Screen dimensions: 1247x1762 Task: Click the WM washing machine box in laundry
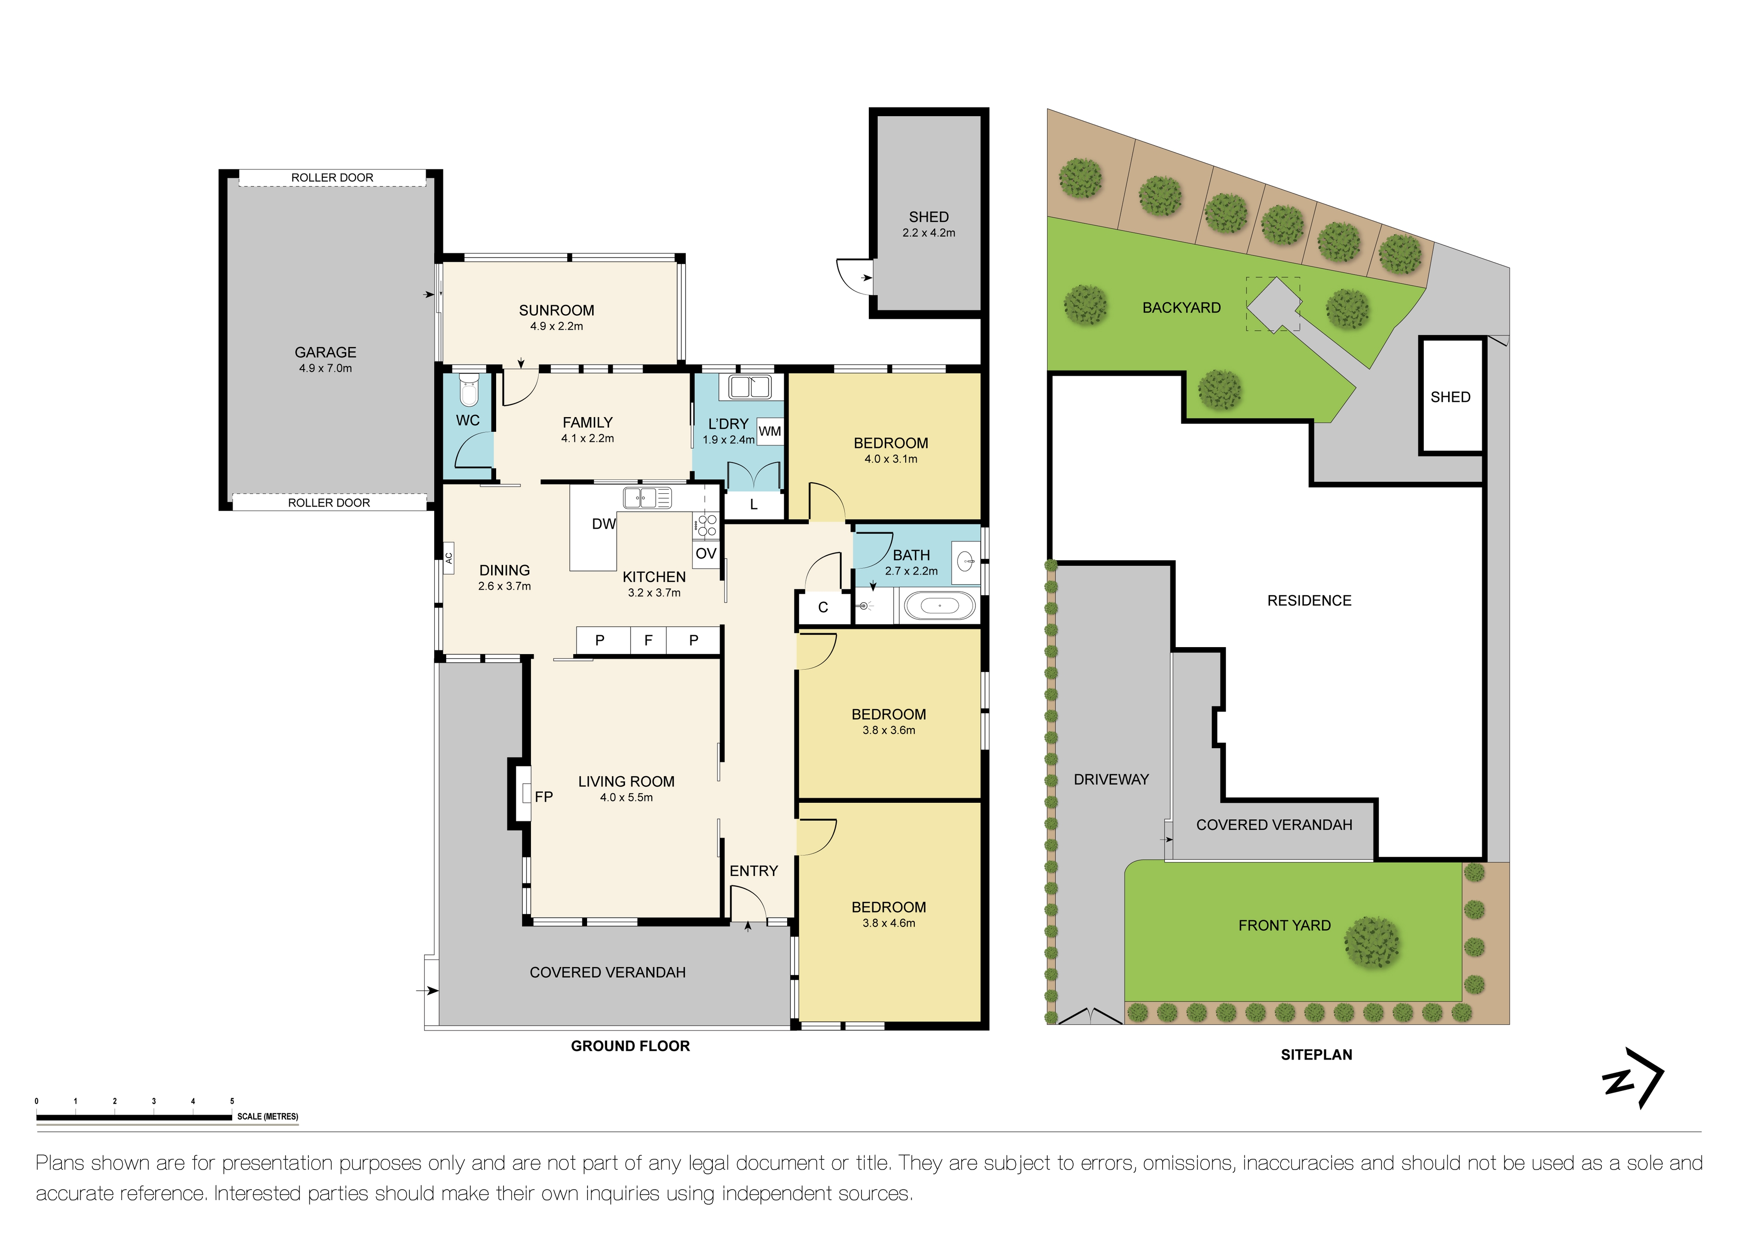[x=770, y=431]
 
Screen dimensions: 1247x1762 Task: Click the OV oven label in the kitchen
[x=705, y=553]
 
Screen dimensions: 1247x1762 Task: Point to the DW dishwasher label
[x=603, y=524]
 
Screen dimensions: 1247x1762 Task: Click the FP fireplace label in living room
[x=543, y=797]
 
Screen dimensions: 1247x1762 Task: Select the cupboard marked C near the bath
[x=822, y=607]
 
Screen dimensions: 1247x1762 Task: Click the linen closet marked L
[x=754, y=504]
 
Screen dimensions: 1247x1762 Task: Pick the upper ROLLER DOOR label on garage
[x=331, y=177]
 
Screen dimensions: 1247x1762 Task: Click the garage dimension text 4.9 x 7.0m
[x=325, y=368]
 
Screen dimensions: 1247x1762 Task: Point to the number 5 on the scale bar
[x=232, y=1101]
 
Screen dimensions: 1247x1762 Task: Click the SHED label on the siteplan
[x=1449, y=397]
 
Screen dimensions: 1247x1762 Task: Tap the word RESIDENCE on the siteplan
[x=1309, y=600]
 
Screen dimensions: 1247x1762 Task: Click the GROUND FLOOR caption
[x=630, y=1046]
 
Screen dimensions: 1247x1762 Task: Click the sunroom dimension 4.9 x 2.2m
[x=556, y=327]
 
